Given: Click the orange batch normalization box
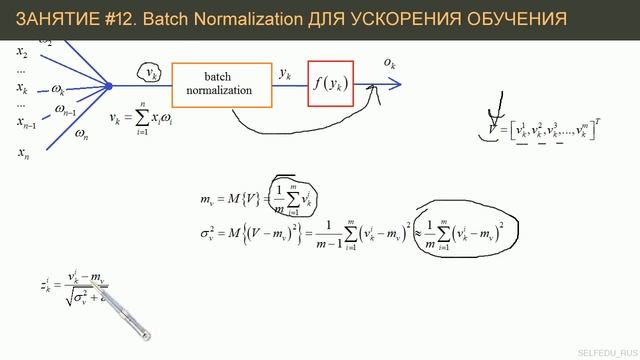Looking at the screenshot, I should (222, 84).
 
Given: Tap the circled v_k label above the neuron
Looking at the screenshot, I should (151, 74).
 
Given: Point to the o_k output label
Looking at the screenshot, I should (391, 64).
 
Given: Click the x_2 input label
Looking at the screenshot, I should (21, 51).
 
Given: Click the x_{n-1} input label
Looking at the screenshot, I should (26, 123).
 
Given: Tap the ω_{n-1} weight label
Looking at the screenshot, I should (67, 111).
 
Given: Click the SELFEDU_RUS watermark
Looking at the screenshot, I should (606, 351).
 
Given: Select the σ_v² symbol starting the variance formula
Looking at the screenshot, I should (209, 236).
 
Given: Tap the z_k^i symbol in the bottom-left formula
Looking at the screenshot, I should (47, 286).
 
